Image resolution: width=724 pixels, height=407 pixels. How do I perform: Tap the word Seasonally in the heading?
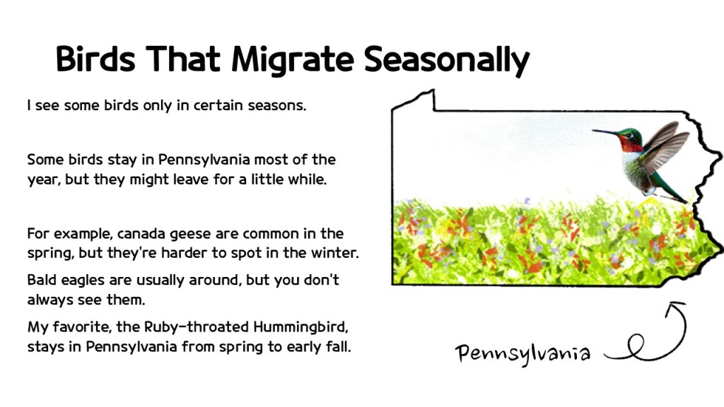pos(447,60)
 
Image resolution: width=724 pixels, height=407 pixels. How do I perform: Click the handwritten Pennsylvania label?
pos(522,352)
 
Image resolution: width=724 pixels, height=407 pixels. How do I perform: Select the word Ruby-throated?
pos(195,328)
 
